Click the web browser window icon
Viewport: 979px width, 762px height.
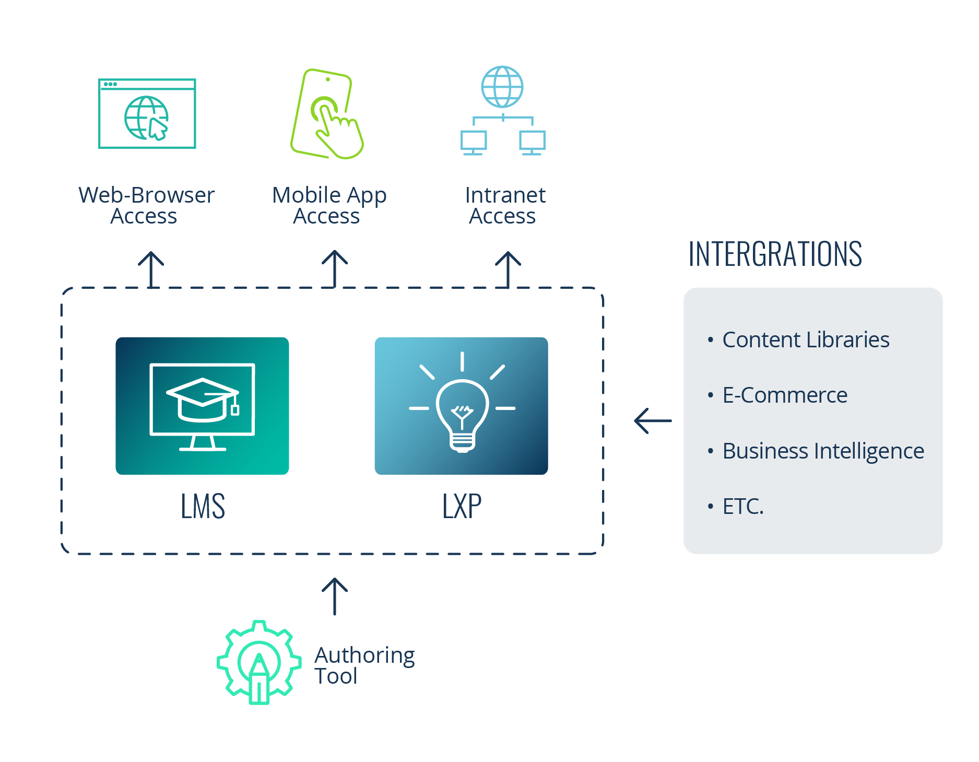[x=147, y=114]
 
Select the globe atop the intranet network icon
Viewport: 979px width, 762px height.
[x=502, y=87]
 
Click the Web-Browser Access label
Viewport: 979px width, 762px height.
[x=146, y=205]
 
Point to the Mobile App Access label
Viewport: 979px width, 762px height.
[x=328, y=205]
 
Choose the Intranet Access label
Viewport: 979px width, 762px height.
[x=504, y=205]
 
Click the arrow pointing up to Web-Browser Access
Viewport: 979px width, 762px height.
[x=151, y=269]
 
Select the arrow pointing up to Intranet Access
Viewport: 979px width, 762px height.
[x=508, y=269]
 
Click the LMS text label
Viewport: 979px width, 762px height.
[x=203, y=506]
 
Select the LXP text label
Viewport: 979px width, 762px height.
[x=462, y=506]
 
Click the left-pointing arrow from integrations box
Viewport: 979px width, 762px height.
[x=653, y=420]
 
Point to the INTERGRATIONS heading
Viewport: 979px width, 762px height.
[x=775, y=254]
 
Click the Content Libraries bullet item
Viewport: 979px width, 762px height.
[x=805, y=339]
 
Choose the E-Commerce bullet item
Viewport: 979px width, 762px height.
[x=784, y=395]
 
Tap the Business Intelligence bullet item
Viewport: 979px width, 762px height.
[x=822, y=451]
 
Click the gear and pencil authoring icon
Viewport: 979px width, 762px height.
[x=259, y=662]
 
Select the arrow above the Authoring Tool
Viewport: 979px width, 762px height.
[x=334, y=596]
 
